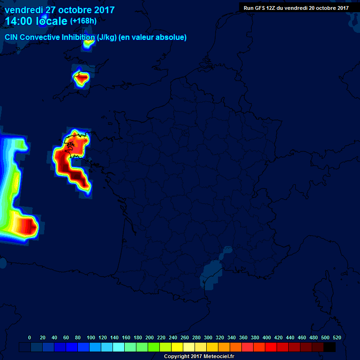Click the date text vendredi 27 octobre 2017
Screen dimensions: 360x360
pos(60,10)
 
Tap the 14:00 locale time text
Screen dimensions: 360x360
pos(36,22)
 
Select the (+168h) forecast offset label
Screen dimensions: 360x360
pos(83,21)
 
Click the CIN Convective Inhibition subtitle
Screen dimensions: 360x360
pos(96,37)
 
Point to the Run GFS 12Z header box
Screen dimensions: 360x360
pos(296,7)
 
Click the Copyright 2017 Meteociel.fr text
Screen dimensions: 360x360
pos(199,357)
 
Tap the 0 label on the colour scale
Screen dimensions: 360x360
pos(30,337)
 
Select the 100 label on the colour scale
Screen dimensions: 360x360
pos(91,337)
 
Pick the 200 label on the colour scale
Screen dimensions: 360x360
pos(150,337)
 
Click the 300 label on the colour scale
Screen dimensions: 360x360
pos(208,337)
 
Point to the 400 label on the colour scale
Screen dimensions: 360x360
pos(267,337)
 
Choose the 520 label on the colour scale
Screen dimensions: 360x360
pos(337,337)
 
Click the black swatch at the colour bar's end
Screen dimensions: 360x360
pos(330,347)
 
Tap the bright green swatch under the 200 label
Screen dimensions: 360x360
pos(154,347)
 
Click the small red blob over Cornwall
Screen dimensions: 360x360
pos(82,79)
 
